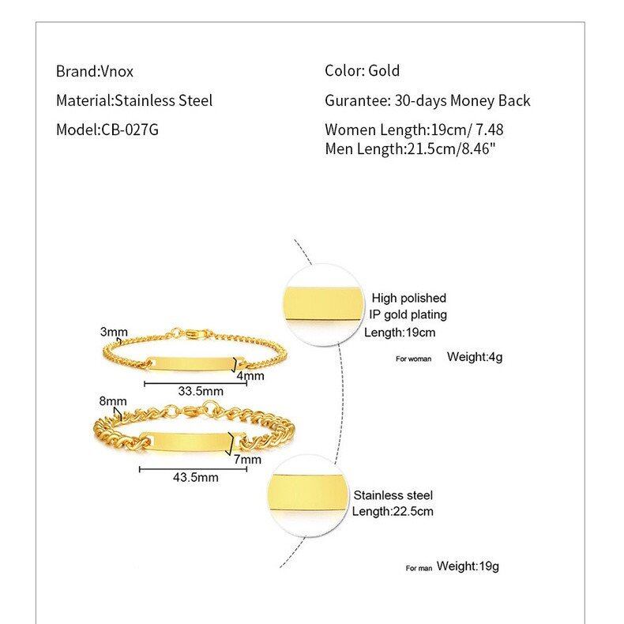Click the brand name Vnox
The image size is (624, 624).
[x=116, y=71]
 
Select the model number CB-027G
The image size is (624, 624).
[x=130, y=130]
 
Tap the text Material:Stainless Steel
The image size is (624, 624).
[x=134, y=100]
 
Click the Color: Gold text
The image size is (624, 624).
[x=363, y=71]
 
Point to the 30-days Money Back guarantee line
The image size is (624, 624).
[x=427, y=100]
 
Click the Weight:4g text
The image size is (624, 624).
[x=475, y=357]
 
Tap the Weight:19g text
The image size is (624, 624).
[x=468, y=566]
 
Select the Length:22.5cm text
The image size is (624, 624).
[x=393, y=511]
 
